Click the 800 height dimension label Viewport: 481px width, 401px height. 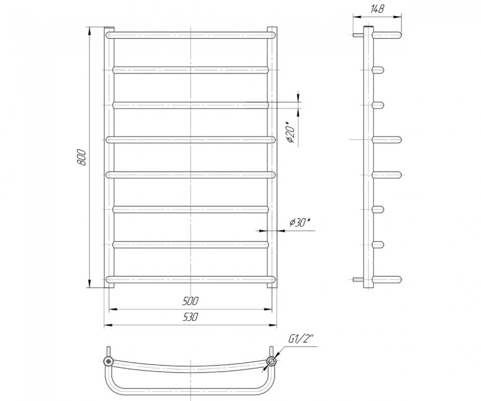81,158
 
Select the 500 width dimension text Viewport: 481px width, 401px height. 191,302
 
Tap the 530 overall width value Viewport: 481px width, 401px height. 191,317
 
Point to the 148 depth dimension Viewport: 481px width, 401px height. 377,9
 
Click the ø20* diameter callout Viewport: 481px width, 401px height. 290,132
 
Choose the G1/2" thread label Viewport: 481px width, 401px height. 301,339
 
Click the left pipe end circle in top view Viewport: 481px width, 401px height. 109,361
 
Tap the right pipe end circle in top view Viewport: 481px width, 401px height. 271,361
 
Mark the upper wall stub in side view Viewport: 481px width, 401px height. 358,35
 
